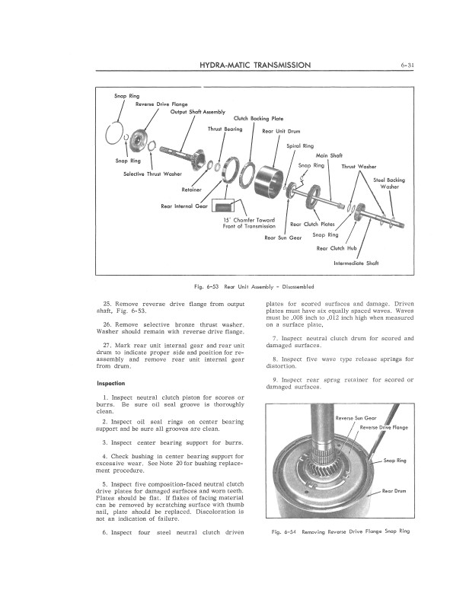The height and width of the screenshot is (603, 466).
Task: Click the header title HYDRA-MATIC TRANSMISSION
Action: (255, 65)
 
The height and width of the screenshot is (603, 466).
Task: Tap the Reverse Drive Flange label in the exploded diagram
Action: (161, 104)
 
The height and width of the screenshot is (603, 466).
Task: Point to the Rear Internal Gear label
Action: (185, 206)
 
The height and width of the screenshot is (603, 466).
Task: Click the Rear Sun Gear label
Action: (283, 238)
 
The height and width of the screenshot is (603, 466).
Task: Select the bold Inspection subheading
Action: (111, 382)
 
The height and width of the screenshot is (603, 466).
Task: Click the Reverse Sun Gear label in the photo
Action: (356, 418)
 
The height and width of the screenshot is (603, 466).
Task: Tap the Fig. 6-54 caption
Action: (340, 531)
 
